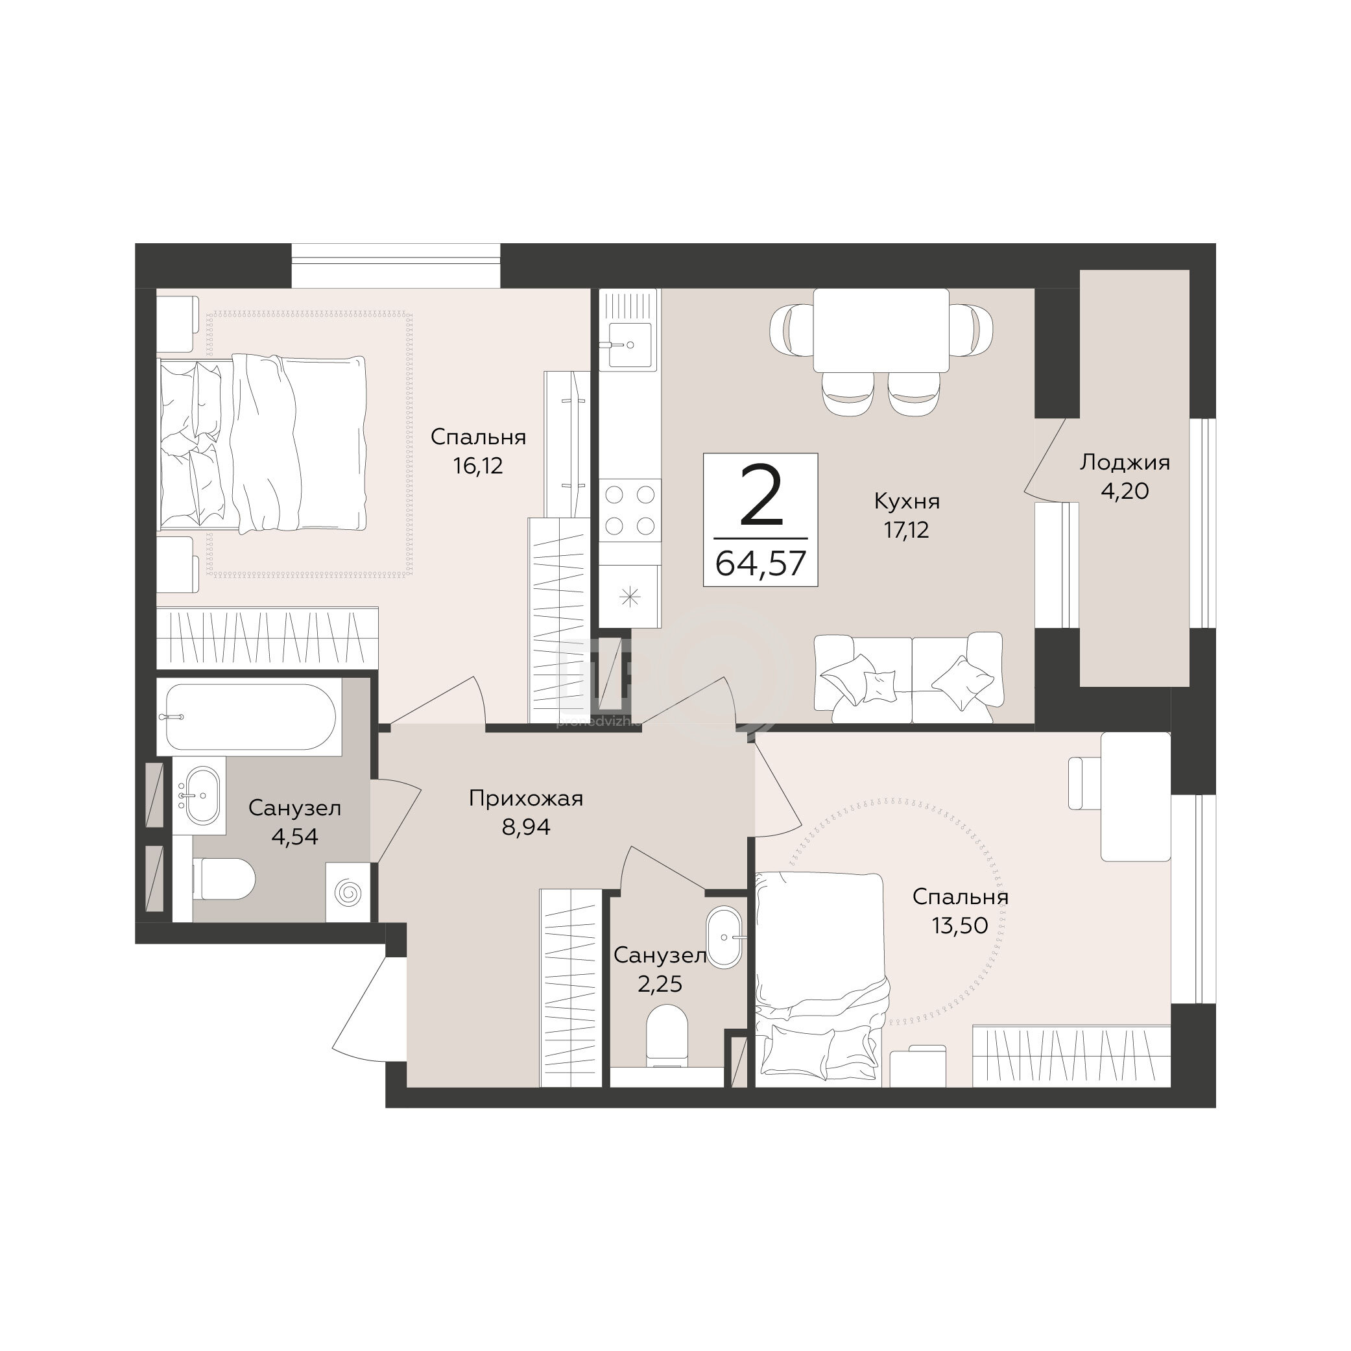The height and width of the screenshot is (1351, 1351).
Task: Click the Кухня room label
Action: pos(906,501)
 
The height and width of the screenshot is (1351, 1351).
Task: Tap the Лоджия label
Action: pos(1125,462)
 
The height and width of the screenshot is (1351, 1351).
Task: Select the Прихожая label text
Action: pos(526,798)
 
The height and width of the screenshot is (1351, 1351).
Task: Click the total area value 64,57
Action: pos(761,563)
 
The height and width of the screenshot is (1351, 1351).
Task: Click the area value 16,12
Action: pos(477,466)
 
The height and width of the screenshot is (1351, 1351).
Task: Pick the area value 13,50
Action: pos(959,925)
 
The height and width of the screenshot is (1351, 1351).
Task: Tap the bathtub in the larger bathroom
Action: pos(250,716)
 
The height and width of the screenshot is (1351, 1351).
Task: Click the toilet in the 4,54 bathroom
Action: pos(223,879)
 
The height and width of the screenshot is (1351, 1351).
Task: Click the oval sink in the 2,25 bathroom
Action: pos(724,937)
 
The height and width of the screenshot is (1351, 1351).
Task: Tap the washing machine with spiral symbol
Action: pos(348,892)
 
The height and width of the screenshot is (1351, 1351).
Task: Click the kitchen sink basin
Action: pos(629,345)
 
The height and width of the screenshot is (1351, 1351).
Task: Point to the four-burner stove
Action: pos(629,510)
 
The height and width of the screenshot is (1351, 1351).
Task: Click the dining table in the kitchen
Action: pos(880,330)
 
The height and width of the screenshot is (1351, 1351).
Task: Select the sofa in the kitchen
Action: pos(909,678)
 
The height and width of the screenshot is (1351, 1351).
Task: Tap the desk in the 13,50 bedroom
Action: pos(1135,796)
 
